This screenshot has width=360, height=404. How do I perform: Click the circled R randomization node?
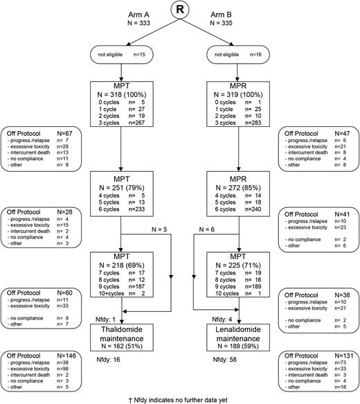tap(180, 12)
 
